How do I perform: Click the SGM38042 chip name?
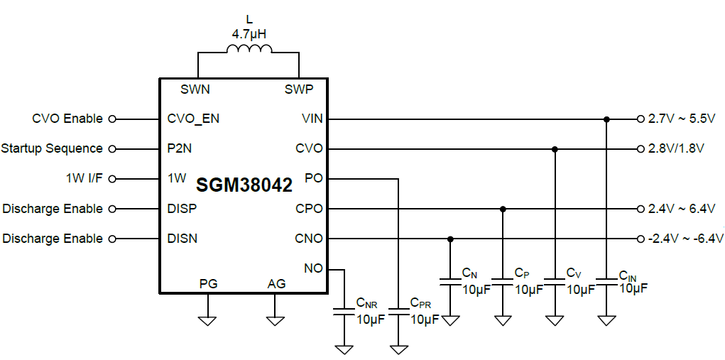coord(244,186)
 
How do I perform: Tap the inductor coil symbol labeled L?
coord(249,48)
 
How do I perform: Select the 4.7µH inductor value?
coord(248,33)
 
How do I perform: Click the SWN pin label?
coord(195,89)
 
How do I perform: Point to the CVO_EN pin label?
coord(193,119)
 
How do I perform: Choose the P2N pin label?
coord(179,148)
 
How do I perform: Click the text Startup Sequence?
coord(52,148)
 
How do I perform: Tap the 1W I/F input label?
coord(83,178)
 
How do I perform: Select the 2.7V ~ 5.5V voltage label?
coord(681,119)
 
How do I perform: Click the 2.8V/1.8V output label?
coord(676,148)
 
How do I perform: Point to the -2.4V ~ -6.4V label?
coord(685,239)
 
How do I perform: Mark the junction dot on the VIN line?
coord(606,119)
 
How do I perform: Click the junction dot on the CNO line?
coord(450,239)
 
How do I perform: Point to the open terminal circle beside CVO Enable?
coord(111,119)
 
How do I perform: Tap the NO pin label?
coord(313,268)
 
